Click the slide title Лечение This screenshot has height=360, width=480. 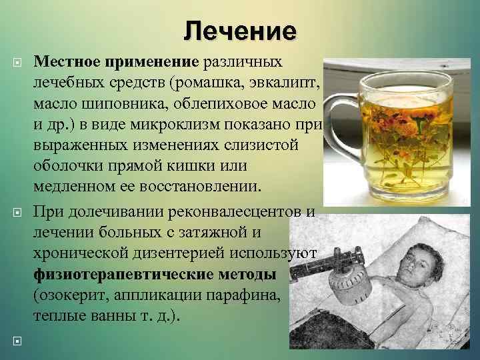coord(240,31)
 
